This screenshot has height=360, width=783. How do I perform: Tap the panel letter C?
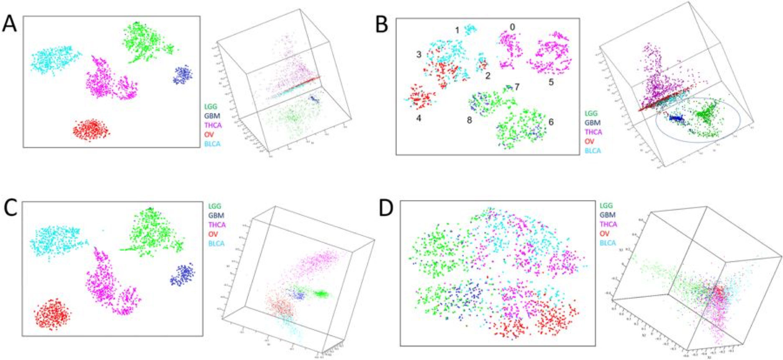pyautogui.click(x=10, y=208)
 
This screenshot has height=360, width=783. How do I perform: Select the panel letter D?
pyautogui.click(x=386, y=208)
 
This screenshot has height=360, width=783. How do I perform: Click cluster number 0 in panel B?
pyautogui.click(x=512, y=27)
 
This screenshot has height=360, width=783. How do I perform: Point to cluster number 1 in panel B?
pyautogui.click(x=457, y=30)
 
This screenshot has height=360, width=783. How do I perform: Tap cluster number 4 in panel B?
pyautogui.click(x=419, y=118)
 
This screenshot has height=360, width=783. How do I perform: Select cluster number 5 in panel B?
pyautogui.click(x=551, y=82)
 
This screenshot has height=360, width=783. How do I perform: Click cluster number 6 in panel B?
pyautogui.click(x=551, y=122)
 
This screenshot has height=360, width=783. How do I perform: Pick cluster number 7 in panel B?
pyautogui.click(x=517, y=87)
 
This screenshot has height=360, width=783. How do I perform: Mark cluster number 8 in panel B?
pyautogui.click(x=469, y=120)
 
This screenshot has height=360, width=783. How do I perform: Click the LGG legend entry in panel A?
pyautogui.click(x=211, y=106)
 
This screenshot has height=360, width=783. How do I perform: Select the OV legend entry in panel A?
pyautogui.click(x=209, y=134)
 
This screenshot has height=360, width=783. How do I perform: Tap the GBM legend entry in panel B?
pyautogui.click(x=592, y=123)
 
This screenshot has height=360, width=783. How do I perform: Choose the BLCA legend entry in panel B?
pyautogui.click(x=593, y=151)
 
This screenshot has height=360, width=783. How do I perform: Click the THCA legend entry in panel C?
pyautogui.click(x=217, y=225)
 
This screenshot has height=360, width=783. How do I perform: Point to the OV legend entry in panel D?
pyautogui.click(x=604, y=233)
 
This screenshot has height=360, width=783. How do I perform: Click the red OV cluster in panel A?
pyautogui.click(x=91, y=129)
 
